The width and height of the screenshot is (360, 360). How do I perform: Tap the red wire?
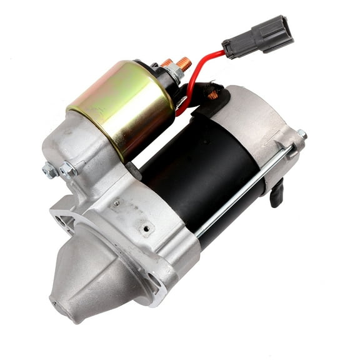coord(199,69)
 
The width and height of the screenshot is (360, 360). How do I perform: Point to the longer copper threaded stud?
coord(183,64)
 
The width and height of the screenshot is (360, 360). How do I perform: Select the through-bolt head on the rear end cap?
coord(301,134)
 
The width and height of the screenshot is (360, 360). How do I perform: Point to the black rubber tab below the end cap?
coord(276,193)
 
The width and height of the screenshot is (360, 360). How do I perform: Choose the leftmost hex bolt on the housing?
coord(49,169)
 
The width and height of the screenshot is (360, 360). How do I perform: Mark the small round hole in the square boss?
coord(146,229)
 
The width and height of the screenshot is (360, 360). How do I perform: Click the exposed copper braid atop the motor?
coord(212,95)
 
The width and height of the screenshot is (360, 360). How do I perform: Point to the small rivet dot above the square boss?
coord(116,203)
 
